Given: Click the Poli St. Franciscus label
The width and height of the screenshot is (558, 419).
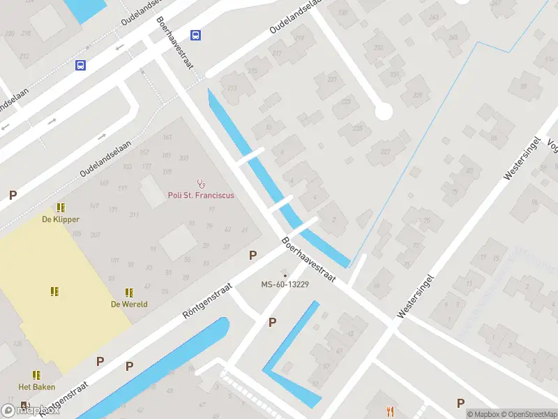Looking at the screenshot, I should pos(201,196).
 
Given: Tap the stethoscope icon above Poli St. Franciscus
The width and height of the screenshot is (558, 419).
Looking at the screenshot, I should pos(202,184).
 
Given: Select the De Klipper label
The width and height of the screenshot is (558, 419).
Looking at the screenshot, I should pos(61,219).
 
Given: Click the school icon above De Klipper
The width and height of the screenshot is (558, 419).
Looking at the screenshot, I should pos(61,207).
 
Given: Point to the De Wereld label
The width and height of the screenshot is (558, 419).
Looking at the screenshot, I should pos(129,304).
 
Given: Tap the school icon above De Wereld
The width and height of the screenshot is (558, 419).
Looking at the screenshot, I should pos(129,293).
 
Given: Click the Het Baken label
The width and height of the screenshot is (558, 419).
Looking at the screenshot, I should pos(36,387).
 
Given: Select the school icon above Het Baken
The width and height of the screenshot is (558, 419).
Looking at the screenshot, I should pos(36,375).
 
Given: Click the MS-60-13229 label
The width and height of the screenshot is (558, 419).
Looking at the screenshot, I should pos(285,284).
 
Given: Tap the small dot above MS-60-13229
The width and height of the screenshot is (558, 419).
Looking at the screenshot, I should pos(285,274).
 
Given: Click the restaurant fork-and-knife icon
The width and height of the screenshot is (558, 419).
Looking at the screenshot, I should pos(390,412).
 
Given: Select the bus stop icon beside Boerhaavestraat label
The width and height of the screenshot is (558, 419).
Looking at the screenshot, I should pos(196,36).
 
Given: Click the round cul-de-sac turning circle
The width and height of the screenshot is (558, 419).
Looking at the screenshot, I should pos(383,112).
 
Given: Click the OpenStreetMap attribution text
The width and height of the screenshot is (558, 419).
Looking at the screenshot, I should pos(527,414).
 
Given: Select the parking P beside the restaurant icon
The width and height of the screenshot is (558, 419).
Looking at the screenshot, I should pos(460,403).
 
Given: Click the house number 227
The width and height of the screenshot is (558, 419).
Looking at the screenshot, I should pos(384,152).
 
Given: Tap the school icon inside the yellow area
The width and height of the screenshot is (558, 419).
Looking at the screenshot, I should pos(54,291).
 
